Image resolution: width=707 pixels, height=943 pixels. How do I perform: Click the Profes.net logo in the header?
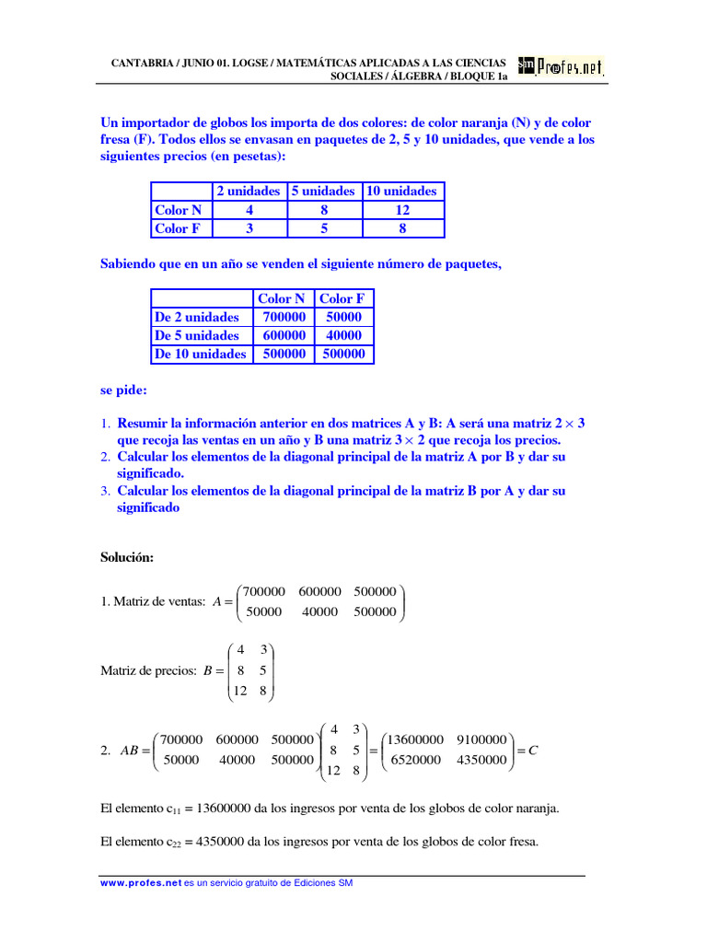click(561, 67)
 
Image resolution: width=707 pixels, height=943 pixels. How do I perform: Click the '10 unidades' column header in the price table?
click(402, 191)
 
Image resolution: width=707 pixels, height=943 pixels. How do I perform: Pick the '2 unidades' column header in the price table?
click(248, 191)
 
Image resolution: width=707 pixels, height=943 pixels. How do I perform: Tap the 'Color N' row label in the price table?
click(179, 210)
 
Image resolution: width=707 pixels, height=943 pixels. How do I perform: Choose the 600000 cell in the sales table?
click(281, 335)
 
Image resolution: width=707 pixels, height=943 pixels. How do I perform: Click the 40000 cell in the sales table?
click(343, 335)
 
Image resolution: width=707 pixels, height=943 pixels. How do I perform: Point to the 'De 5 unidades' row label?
click(197, 335)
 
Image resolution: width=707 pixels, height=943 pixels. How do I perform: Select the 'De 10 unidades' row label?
click(200, 354)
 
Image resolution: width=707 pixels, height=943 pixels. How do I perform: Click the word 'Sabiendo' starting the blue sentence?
click(128, 264)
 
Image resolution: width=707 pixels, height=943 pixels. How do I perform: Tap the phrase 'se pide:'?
click(123, 390)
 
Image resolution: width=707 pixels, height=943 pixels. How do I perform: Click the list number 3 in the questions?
click(105, 491)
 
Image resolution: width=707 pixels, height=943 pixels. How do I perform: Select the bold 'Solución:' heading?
click(127, 558)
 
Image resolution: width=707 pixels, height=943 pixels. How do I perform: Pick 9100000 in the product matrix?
click(481, 739)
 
